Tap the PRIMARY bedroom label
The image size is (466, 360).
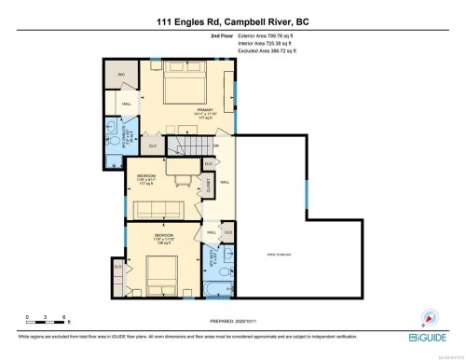206,109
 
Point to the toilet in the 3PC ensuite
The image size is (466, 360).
113,124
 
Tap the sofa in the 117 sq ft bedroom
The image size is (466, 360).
164,206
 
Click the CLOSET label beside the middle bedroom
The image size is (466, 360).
211,185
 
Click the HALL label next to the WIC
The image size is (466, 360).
127,104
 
